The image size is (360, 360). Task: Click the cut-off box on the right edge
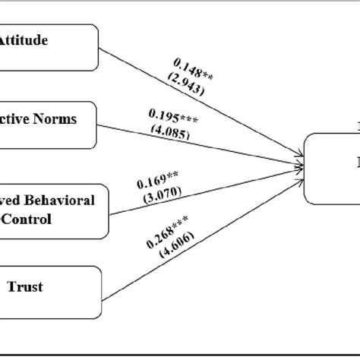pyautogui.click(x=333, y=169)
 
